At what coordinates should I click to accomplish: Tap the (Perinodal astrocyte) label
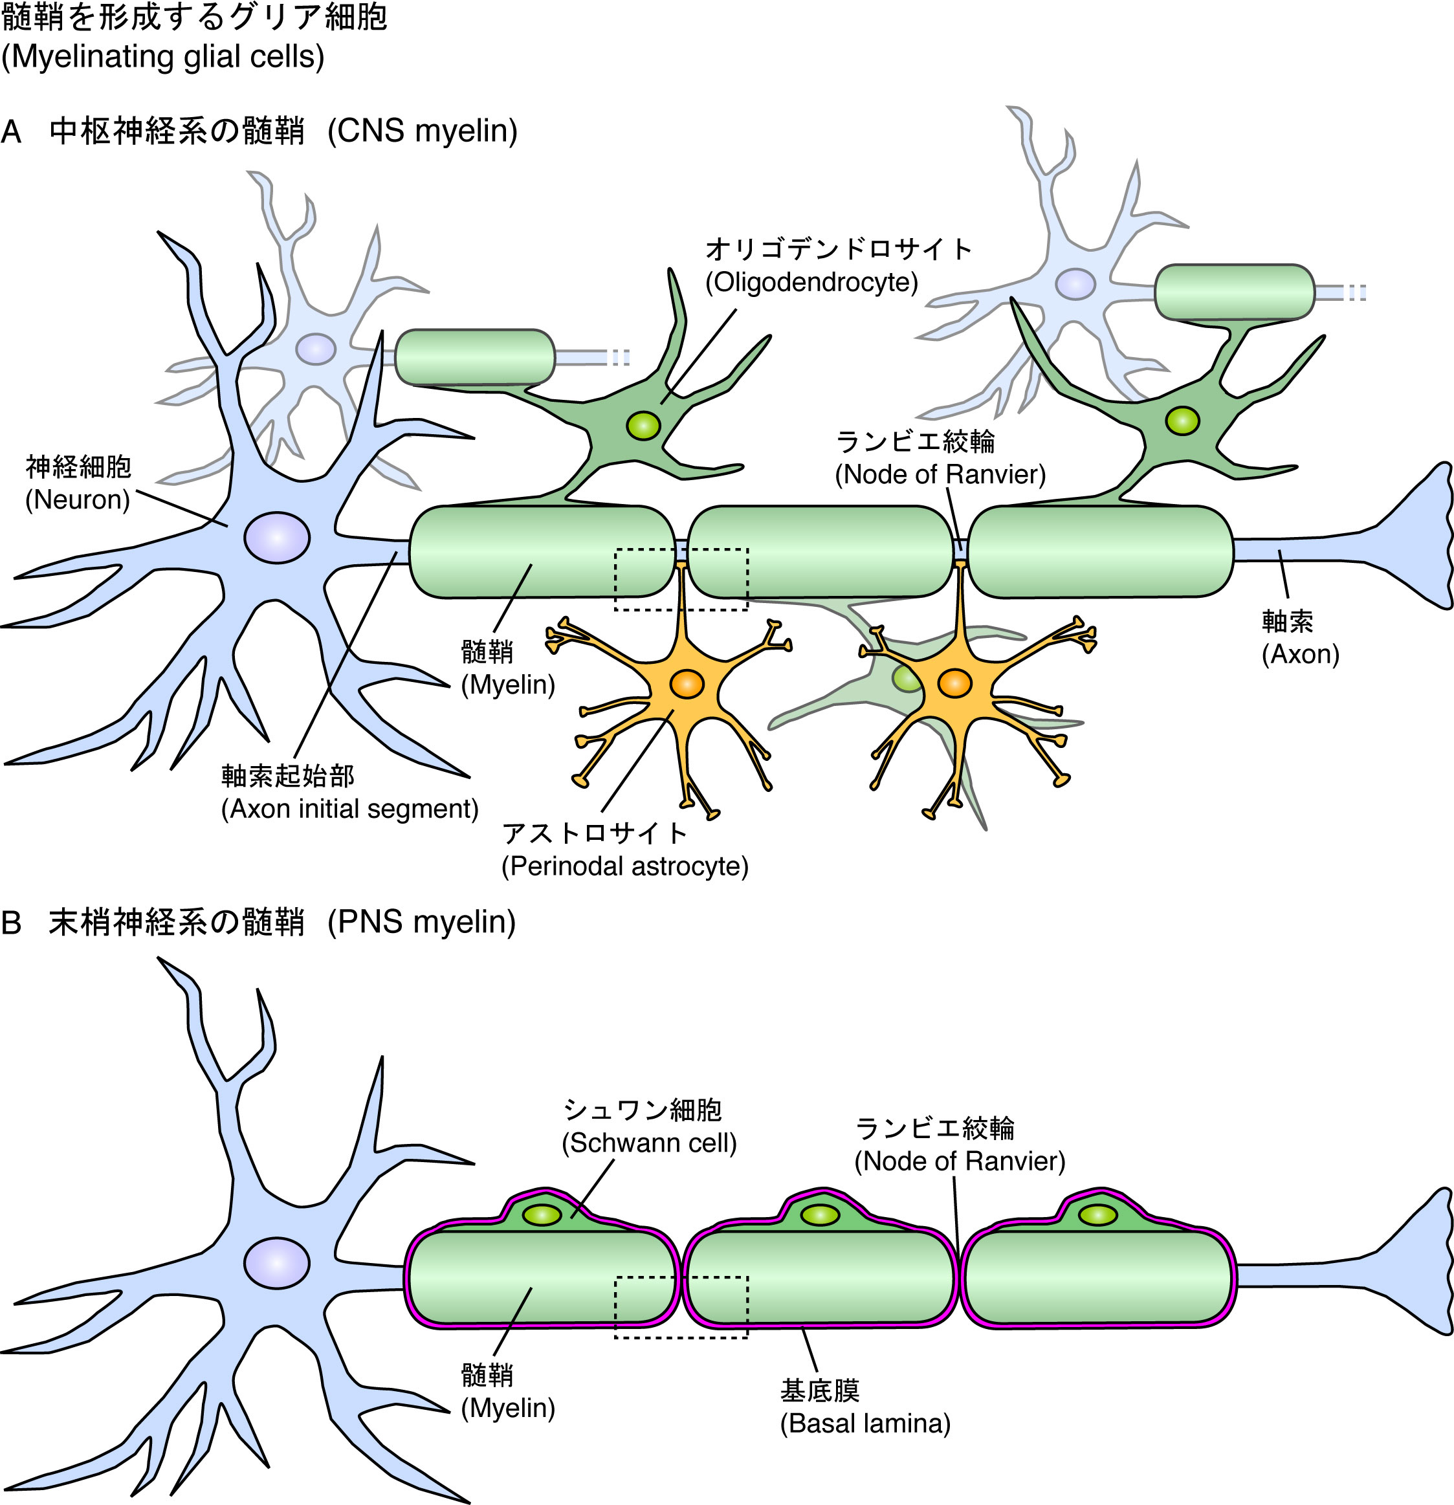click(x=624, y=867)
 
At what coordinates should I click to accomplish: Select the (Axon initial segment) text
click(x=349, y=809)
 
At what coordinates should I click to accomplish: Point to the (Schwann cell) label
click(x=649, y=1143)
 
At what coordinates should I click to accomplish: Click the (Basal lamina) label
click(x=865, y=1403)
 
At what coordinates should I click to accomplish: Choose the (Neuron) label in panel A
click(x=78, y=500)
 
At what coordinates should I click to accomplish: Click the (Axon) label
click(x=1301, y=654)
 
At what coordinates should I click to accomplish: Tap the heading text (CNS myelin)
click(x=423, y=131)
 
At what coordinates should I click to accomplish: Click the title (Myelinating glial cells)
click(x=163, y=58)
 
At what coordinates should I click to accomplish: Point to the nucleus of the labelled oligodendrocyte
click(x=643, y=424)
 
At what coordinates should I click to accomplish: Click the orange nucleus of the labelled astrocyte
click(x=686, y=683)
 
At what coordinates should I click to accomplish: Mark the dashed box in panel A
click(x=681, y=580)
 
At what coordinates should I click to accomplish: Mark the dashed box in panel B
click(x=681, y=1308)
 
